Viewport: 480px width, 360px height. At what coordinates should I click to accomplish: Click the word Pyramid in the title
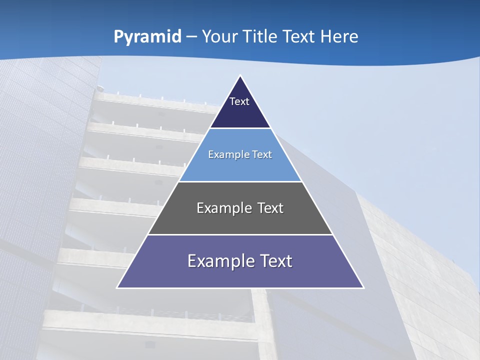click(147, 36)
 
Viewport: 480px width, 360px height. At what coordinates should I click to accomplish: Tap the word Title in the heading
click(262, 36)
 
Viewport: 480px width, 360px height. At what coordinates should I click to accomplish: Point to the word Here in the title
click(339, 36)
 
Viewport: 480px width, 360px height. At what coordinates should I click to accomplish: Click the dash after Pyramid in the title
click(191, 37)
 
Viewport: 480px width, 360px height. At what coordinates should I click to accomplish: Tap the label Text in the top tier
click(239, 101)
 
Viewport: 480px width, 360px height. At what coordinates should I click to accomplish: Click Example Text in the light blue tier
click(240, 154)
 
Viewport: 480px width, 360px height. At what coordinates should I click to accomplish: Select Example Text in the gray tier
click(240, 208)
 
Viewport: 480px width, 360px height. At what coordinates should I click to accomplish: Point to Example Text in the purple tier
click(240, 261)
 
